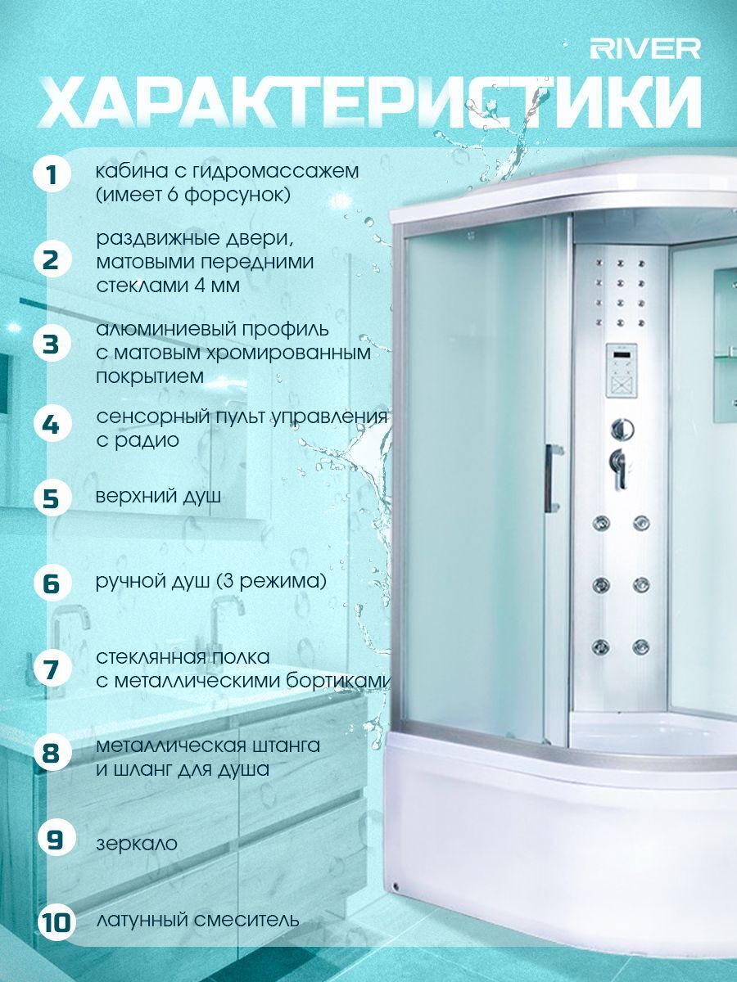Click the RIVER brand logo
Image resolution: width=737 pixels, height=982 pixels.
pyautogui.click(x=644, y=49)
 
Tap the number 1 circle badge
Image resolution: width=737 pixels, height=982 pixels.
pyautogui.click(x=52, y=175)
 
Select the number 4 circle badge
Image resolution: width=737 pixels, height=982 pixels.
pyautogui.click(x=52, y=424)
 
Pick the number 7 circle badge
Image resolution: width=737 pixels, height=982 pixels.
pyautogui.click(x=52, y=669)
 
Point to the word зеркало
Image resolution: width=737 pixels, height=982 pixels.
pyautogui.click(x=137, y=844)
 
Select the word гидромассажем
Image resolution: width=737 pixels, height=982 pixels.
pyautogui.click(x=276, y=172)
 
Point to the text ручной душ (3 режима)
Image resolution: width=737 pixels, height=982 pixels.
pyautogui.click(x=210, y=581)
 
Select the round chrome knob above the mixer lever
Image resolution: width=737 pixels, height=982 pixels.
pyautogui.click(x=622, y=430)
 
